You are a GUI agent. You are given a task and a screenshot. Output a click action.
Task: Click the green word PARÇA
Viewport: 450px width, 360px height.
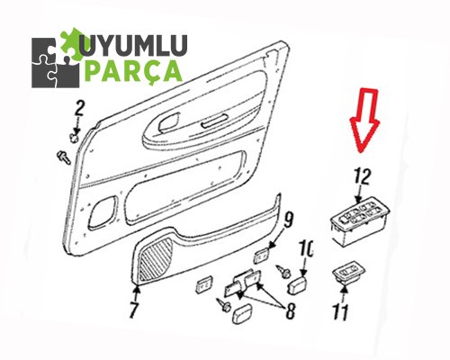point(134,71)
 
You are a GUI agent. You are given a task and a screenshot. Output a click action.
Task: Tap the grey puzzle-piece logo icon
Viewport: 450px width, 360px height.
point(56,62)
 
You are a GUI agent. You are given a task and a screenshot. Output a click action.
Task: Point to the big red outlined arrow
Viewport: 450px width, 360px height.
point(365,120)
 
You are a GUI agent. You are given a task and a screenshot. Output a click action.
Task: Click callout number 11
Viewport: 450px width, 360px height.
point(340,312)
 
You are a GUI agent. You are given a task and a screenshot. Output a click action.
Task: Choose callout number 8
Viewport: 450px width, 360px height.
point(290,310)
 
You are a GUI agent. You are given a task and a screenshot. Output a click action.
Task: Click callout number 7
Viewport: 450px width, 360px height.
point(134,309)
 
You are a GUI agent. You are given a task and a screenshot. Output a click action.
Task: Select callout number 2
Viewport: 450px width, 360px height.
point(79,109)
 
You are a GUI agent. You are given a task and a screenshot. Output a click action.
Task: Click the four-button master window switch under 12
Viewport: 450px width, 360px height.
point(360,220)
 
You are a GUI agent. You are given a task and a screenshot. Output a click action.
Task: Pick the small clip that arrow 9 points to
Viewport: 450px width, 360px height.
point(261,256)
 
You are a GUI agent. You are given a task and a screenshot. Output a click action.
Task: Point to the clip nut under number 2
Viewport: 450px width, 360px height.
point(74,138)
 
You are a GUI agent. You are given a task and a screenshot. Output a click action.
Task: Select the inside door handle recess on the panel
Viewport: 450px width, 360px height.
point(168,122)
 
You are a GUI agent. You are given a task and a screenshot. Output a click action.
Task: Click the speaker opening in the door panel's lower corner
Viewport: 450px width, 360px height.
point(102,211)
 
